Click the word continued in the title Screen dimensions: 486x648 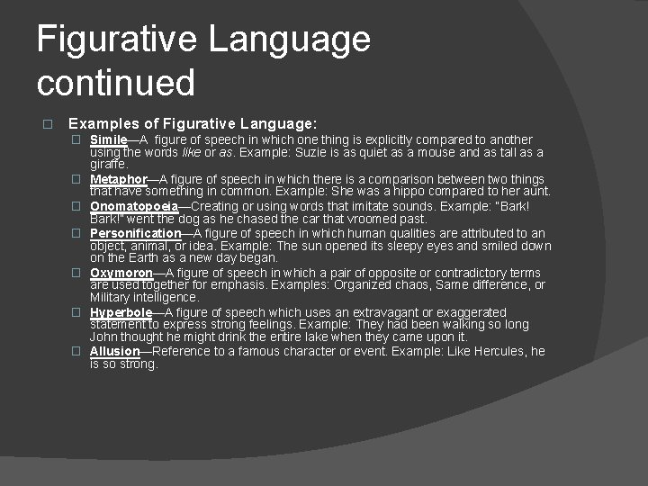pos(115,83)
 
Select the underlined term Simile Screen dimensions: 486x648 pos(108,139)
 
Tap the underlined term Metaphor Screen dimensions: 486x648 pos(118,179)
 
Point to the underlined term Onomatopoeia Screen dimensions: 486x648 pos(134,206)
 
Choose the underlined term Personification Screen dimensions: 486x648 pos(135,233)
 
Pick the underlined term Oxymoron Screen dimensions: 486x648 pos(121,273)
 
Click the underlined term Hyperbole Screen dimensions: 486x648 pos(121,312)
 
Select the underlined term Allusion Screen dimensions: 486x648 pos(115,351)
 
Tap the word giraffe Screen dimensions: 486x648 pos(108,165)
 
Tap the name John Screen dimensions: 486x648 pos(104,337)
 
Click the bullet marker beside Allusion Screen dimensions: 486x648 pos(77,351)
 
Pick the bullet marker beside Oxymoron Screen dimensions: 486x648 pos(77,273)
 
